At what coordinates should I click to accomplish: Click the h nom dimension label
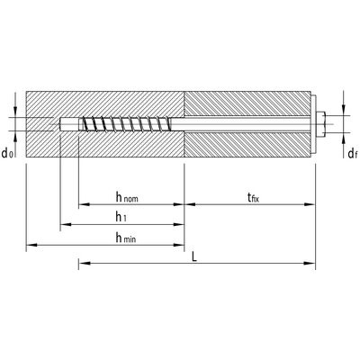127,197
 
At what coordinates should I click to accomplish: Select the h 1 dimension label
121,217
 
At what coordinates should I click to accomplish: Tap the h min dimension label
126,238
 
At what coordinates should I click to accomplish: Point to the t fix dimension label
253,197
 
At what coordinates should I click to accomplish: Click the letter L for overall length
194,256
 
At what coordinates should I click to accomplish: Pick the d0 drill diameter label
8,154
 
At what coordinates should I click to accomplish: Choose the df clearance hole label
353,154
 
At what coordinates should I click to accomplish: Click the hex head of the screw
321,124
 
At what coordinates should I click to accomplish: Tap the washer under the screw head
314,124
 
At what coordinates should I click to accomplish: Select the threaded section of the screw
125,124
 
